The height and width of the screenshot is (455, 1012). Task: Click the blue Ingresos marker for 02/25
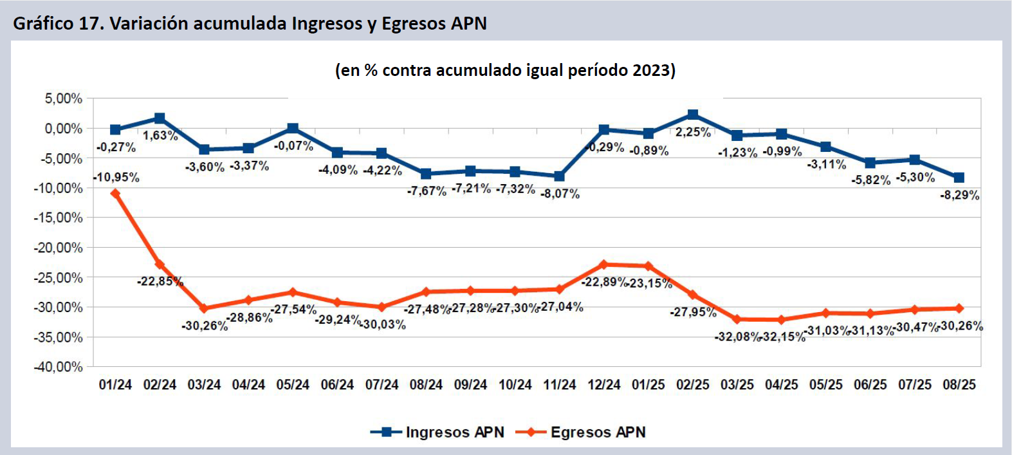point(693,115)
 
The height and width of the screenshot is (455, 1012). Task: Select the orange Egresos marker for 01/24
point(115,193)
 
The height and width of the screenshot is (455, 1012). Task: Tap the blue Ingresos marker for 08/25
point(959,178)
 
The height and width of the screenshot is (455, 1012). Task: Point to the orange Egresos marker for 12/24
point(603,265)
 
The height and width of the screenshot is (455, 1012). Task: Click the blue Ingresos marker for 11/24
point(560,176)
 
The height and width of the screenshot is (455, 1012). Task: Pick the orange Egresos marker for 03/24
point(204,308)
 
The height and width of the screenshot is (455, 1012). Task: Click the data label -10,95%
point(116,177)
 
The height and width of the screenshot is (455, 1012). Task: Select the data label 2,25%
point(693,132)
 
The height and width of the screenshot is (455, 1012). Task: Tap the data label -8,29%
point(959,195)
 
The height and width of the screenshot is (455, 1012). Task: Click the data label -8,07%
point(560,194)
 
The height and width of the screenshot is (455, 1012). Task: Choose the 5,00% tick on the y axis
point(63,98)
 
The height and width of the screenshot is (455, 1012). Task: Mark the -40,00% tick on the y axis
point(59,367)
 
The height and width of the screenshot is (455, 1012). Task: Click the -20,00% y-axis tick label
point(59,248)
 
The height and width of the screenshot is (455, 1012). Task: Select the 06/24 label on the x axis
point(337,385)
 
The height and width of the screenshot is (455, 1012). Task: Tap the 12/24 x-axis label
point(603,385)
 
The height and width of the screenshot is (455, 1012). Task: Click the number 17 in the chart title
point(89,24)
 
